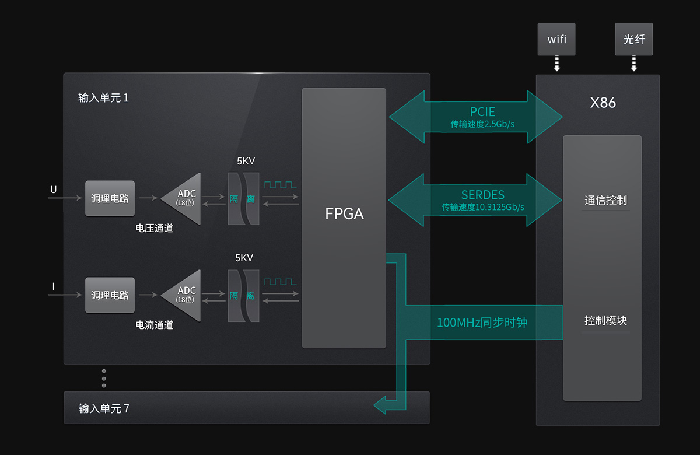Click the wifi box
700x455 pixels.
(556, 40)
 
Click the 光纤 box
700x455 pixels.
(634, 40)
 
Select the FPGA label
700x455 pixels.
(344, 213)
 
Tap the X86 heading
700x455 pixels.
(603, 103)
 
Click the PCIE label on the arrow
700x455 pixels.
(482, 112)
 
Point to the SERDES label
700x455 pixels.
(482, 195)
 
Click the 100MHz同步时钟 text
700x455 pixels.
(482, 322)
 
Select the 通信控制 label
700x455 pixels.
(605, 200)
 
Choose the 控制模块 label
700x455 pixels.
(605, 320)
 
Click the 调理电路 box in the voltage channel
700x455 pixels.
(110, 198)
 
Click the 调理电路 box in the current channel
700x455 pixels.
(110, 295)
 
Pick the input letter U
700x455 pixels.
(54, 190)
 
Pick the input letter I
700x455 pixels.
(54, 286)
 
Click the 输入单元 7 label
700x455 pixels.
(104, 408)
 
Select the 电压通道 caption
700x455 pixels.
(155, 228)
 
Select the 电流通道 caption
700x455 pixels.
(155, 325)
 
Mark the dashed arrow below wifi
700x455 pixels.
(556, 63)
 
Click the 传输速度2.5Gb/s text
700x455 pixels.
(482, 124)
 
